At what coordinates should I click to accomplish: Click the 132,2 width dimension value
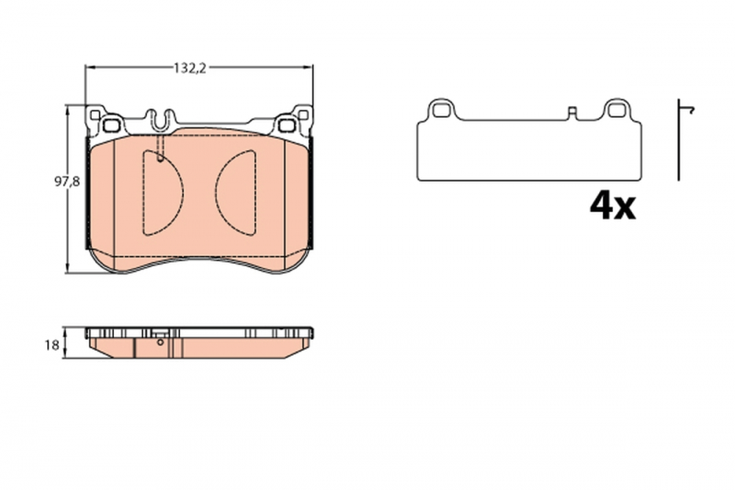coord(188,68)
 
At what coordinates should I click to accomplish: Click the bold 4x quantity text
coord(612,207)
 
